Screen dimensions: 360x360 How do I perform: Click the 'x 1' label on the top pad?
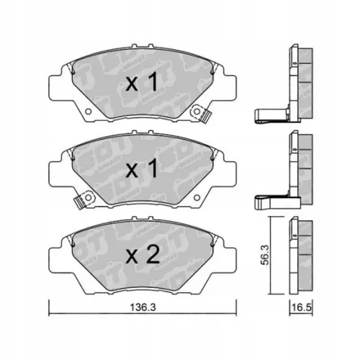[142, 84]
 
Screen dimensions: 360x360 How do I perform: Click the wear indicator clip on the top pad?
[207, 113]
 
